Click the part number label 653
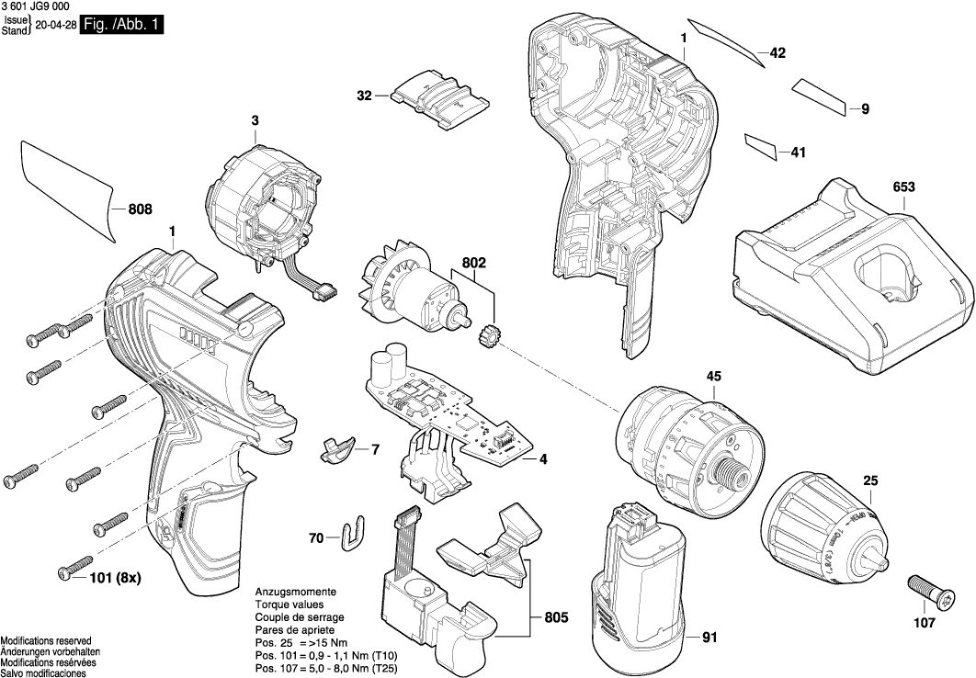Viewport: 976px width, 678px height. point(903,186)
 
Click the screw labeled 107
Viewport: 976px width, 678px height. point(923,592)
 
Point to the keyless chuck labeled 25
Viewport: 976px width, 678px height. point(823,528)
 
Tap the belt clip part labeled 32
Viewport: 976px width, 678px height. point(437,98)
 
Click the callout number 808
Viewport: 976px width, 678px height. point(140,209)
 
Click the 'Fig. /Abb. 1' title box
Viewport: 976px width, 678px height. point(122,26)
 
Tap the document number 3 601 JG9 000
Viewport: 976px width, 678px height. point(36,6)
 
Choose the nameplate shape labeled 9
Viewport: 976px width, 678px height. point(821,96)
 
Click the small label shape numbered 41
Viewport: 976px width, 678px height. point(761,146)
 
